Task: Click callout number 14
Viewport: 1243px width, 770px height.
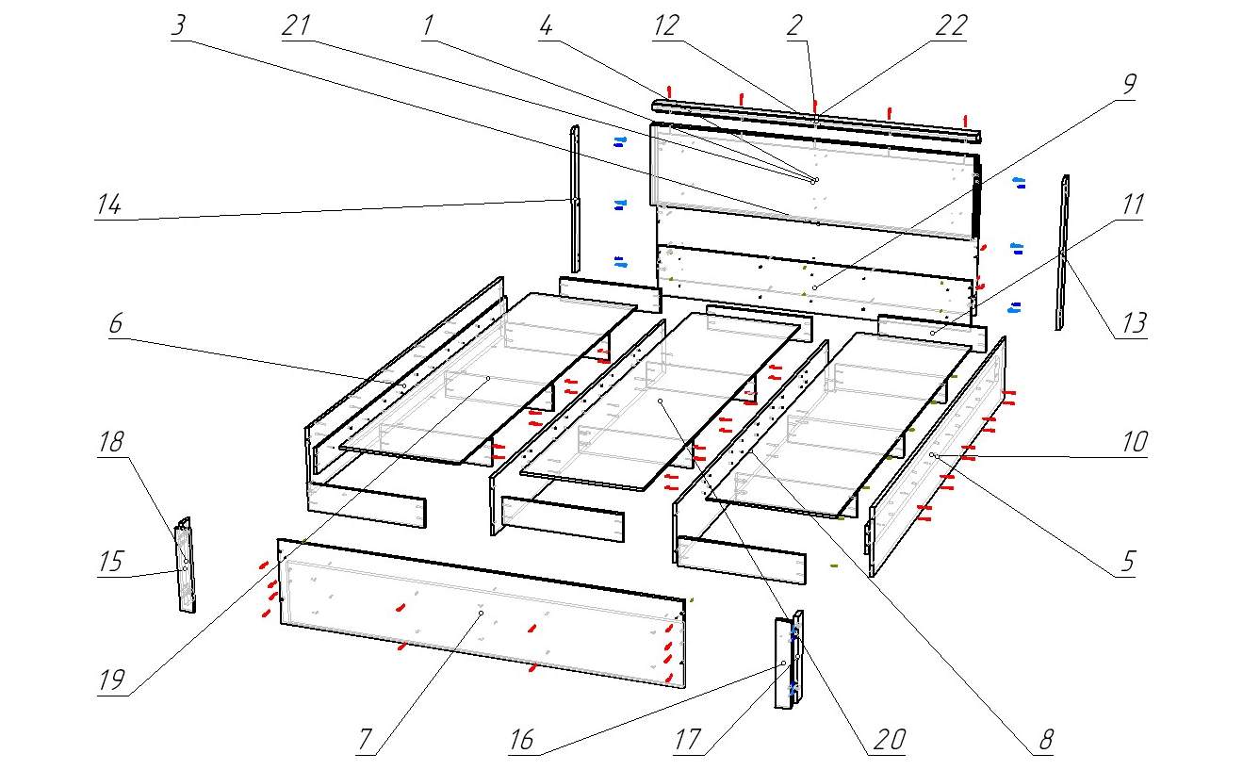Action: click(x=110, y=205)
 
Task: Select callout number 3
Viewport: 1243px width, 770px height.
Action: click(x=179, y=26)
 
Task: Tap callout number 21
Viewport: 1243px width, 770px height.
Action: click(x=296, y=26)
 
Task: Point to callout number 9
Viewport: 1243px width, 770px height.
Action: click(x=1127, y=84)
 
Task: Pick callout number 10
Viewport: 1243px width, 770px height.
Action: click(x=1133, y=441)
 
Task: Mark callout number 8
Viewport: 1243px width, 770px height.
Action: click(x=1044, y=739)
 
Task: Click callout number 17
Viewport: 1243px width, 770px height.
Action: click(x=689, y=739)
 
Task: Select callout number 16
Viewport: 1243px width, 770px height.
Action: click(x=521, y=739)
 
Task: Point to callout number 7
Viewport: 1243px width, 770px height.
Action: click(x=368, y=741)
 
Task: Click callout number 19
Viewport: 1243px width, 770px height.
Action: click(x=112, y=680)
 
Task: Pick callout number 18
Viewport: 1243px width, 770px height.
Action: click(x=112, y=443)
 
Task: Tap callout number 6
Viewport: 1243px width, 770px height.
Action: click(x=115, y=323)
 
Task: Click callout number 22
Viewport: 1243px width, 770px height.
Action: click(x=951, y=26)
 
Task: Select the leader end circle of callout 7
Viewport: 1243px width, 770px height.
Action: click(x=481, y=613)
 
